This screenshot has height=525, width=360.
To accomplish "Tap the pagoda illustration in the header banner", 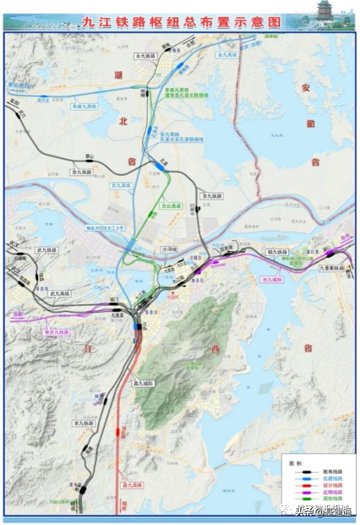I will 325,14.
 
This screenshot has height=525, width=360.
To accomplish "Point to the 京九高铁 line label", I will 121,185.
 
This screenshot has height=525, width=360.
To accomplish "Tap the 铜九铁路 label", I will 277,252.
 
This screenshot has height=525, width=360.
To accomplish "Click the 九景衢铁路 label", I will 331,269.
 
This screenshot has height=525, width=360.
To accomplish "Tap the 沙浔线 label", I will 168,249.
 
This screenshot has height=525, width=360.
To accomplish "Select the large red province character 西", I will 215,349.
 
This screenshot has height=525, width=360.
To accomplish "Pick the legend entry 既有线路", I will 330,471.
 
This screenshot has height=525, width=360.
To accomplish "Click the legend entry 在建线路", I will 330,478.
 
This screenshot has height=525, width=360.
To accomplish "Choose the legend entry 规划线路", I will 330,500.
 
